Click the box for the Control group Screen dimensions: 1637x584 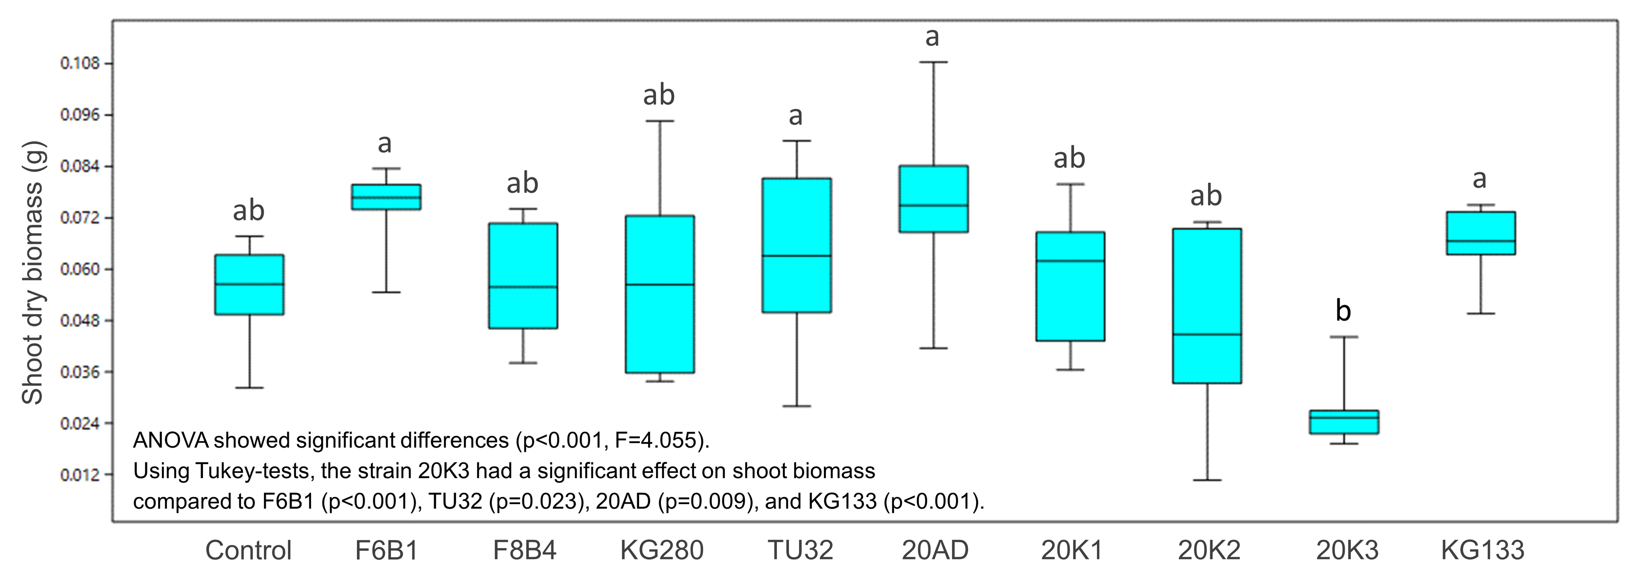tap(249, 285)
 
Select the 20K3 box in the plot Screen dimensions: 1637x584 tap(1344, 422)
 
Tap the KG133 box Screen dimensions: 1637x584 tap(1481, 233)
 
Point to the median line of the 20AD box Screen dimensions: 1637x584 tap(933, 205)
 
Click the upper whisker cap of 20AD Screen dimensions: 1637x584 tap(933, 62)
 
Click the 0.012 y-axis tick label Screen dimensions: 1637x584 tap(80, 475)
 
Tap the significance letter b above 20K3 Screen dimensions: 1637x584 tap(1343, 310)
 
